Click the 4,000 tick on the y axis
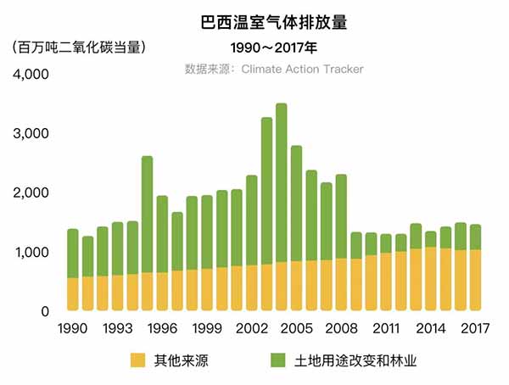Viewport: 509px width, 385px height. (32, 75)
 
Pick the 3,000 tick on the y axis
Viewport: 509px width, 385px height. (32, 134)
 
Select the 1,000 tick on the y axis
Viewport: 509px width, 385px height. (32, 253)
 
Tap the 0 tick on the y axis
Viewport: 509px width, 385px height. (44, 311)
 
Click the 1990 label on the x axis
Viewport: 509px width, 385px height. (73, 328)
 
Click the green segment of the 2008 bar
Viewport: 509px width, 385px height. (340, 216)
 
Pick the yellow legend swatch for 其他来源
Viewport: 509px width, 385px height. (138, 361)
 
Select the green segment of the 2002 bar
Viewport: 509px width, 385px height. (251, 220)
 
